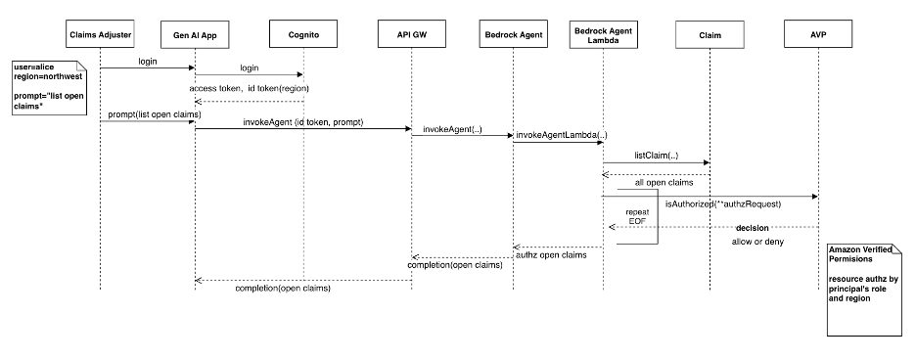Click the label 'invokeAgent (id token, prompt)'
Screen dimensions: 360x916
[298, 121]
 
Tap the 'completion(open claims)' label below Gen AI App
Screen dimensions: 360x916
[282, 289]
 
